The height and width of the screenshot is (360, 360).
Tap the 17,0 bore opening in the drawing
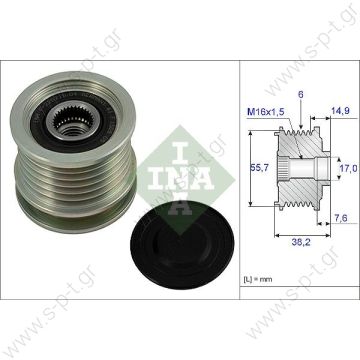click(322, 172)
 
